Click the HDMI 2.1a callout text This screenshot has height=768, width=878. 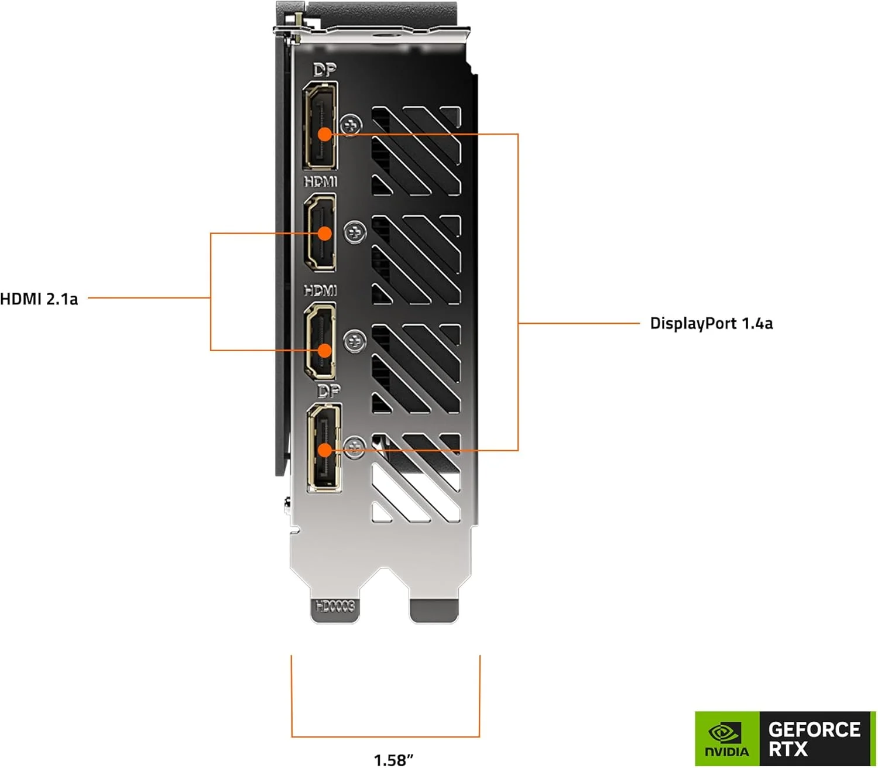coord(39,299)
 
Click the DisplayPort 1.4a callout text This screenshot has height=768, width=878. coord(711,323)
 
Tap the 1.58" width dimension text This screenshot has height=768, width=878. coord(393,759)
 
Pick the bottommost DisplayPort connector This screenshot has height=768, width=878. coord(324,447)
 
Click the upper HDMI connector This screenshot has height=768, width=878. coord(320,232)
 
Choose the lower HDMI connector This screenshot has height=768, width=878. coord(320,341)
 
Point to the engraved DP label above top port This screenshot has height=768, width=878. coord(324,70)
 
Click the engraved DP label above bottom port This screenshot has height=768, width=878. coord(328,390)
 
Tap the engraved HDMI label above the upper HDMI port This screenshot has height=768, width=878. coord(321,181)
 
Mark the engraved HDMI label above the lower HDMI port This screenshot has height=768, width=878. coord(321,290)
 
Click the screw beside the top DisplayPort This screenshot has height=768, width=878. coord(351,125)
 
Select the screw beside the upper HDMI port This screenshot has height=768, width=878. coord(354,233)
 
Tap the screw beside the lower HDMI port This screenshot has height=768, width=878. coord(354,341)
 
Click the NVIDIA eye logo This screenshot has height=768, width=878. coord(725,732)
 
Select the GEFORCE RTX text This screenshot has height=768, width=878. coord(814,739)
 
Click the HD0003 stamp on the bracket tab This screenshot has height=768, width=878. coord(335,606)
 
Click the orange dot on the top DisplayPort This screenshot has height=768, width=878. coord(324,134)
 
